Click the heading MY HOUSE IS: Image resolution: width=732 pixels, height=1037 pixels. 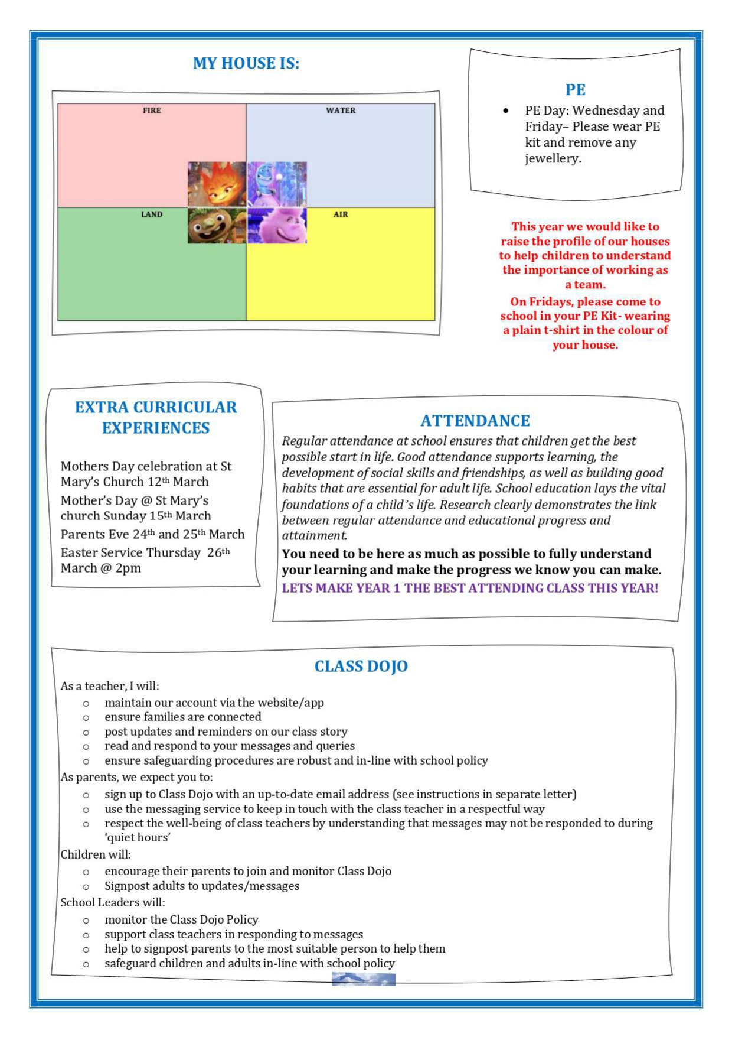point(246,63)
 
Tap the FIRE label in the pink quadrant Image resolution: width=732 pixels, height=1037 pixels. point(152,110)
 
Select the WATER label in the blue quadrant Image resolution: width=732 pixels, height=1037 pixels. point(341,110)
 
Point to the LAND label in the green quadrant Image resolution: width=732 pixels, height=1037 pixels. point(152,214)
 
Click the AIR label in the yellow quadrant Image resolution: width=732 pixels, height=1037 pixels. point(341,214)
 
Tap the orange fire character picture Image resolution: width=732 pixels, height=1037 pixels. point(217,184)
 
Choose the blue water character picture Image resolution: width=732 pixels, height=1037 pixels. point(277,184)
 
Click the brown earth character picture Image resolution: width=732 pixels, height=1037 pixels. point(217,226)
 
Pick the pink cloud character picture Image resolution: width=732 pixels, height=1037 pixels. point(277,226)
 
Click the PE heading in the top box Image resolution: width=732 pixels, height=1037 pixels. point(575,90)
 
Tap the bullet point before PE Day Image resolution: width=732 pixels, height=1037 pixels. point(506,111)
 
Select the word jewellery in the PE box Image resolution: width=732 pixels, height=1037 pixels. point(553,158)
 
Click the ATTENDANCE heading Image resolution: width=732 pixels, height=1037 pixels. point(475,421)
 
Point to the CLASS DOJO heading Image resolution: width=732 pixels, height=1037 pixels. point(361,667)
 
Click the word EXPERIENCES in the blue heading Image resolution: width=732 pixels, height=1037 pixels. point(156,428)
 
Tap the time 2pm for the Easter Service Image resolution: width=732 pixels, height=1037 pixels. point(128,568)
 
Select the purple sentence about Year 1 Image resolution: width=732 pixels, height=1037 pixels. point(470,589)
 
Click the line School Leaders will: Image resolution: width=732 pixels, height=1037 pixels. point(113,902)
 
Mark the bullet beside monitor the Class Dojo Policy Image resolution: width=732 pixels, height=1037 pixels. point(86,921)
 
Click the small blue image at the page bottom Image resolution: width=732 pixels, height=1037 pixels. point(364,980)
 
